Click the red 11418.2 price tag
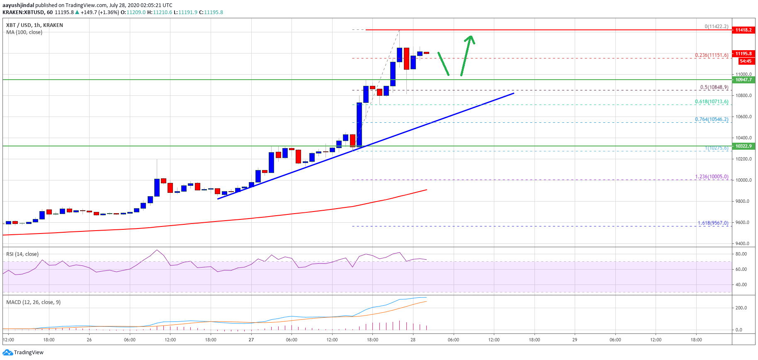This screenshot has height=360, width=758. pyautogui.click(x=743, y=30)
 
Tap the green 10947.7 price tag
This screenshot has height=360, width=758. pyautogui.click(x=743, y=80)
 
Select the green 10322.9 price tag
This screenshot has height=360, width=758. pyautogui.click(x=743, y=146)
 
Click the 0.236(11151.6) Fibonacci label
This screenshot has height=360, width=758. pyautogui.click(x=712, y=55)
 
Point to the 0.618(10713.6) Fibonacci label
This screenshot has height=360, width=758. pyautogui.click(x=712, y=102)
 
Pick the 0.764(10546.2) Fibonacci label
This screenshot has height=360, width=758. pyautogui.click(x=712, y=119)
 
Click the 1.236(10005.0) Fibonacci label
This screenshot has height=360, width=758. pyautogui.click(x=712, y=177)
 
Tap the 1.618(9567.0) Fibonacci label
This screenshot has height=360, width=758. pyautogui.click(x=713, y=223)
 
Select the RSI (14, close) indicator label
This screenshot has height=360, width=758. pyautogui.click(x=22, y=254)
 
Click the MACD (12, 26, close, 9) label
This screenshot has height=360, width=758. pyautogui.click(x=33, y=302)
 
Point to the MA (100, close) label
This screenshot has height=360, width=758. pyautogui.click(x=24, y=32)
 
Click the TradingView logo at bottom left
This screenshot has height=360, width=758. pyautogui.click(x=23, y=353)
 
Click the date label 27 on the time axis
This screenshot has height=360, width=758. pyautogui.click(x=251, y=340)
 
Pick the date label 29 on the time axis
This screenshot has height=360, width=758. pyautogui.click(x=575, y=340)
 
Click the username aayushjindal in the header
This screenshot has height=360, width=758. pyautogui.click(x=18, y=5)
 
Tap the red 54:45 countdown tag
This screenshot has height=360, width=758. pyautogui.click(x=746, y=61)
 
